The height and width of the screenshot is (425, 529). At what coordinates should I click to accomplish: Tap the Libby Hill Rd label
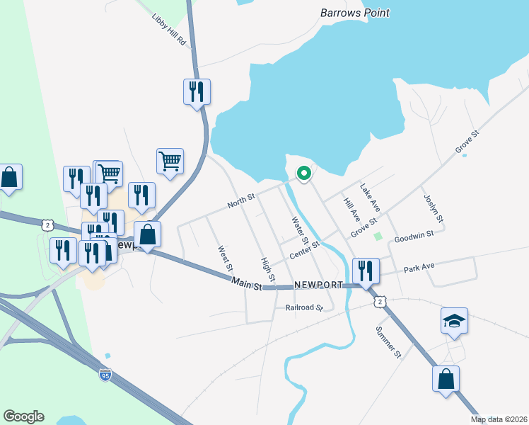coord(168,30)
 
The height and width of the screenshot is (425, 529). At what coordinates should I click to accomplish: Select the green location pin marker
coord(304,173)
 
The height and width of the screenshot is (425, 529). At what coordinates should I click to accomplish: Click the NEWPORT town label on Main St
coord(318,285)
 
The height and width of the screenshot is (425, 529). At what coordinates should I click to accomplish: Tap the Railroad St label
coord(304,308)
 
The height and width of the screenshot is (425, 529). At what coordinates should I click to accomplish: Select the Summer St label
coord(389,342)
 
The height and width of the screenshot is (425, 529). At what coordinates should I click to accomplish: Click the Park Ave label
coord(419,268)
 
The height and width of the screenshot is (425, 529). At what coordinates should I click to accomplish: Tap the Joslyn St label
coord(433,209)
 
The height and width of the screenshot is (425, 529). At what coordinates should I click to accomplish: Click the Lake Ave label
coord(370,198)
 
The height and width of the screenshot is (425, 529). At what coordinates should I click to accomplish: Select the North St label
coord(240,203)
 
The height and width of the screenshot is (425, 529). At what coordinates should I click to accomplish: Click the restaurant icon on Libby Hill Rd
coord(197,92)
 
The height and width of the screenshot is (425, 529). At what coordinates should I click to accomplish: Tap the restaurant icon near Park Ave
coord(366,271)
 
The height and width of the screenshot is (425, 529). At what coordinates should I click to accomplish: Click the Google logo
coord(23,416)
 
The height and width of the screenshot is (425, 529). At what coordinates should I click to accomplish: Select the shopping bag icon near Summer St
coord(446,379)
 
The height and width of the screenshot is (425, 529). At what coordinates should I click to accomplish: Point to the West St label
coord(225,259)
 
